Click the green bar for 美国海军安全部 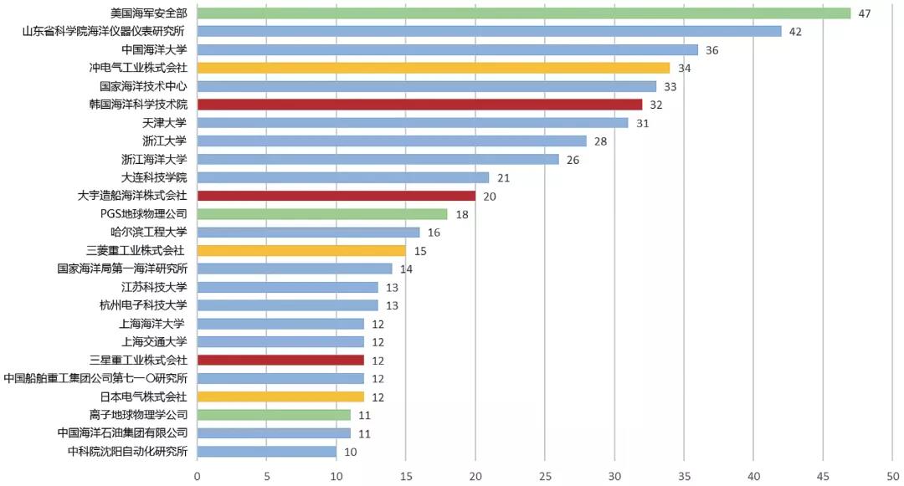coord(523,13)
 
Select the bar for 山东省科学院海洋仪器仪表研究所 coord(489,32)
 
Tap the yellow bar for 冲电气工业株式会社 coord(434,68)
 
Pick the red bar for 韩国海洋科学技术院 coord(419,105)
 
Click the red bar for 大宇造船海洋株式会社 coord(336,196)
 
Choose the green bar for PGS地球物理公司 coord(322,214)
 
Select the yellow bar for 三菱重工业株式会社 coord(301,250)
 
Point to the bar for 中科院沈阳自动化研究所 coord(267,452)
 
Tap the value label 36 coord(712,50)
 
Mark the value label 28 coord(601,141)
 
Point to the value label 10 coord(351,452)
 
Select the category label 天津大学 coord(165,123)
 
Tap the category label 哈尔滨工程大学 coord(148,233)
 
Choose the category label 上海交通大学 coord(153,341)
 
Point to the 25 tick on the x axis coord(545,476)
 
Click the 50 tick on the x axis coord(892,476)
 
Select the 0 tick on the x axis coord(198,476)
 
